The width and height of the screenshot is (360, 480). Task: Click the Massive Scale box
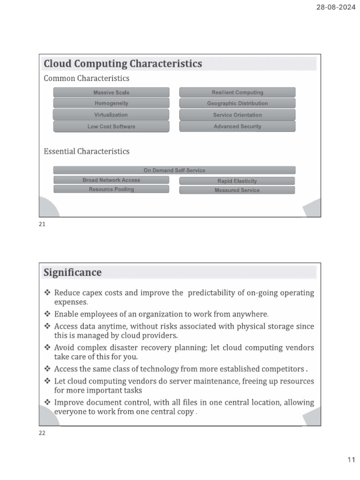click(x=111, y=92)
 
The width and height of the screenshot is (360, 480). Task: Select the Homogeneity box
click(x=111, y=103)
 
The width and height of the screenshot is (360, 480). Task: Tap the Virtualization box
click(x=111, y=115)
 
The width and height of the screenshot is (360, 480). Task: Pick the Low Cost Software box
click(x=111, y=127)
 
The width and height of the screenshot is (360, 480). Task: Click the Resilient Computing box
click(x=237, y=92)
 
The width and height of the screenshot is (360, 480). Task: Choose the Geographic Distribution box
click(x=237, y=104)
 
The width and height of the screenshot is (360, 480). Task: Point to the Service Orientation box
click(x=237, y=115)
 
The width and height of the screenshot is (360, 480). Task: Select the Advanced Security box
click(x=237, y=127)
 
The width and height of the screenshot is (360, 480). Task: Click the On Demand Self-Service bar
click(x=174, y=170)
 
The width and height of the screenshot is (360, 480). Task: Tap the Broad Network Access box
click(x=111, y=180)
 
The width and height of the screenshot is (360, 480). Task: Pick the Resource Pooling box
click(x=111, y=189)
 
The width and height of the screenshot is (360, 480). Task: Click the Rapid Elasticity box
click(x=237, y=181)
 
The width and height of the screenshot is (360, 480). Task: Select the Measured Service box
click(x=237, y=190)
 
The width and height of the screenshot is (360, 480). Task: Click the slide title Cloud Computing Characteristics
click(x=123, y=64)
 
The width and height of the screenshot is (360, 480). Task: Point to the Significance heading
click(x=73, y=272)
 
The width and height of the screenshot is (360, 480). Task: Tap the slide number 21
click(x=42, y=225)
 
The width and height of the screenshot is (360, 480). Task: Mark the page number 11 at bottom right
click(x=351, y=460)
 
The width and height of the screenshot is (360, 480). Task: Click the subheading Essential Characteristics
click(x=86, y=151)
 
